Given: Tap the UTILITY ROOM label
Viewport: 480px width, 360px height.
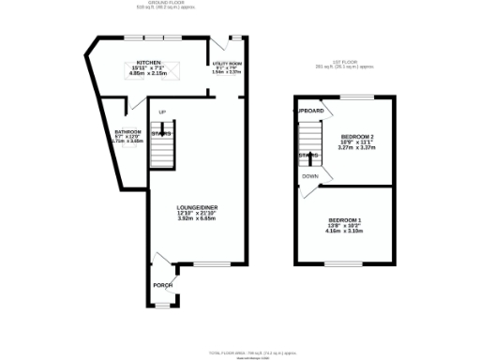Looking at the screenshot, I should click(228, 64).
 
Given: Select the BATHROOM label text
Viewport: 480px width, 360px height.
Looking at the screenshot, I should click(127, 131).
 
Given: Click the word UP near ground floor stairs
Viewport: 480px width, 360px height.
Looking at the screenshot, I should click(161, 113).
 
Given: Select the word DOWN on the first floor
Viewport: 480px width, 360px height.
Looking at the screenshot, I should click(310, 175).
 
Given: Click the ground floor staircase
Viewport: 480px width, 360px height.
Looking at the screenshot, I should click(162, 147).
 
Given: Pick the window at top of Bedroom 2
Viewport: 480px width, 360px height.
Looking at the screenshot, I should click(356, 96).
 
